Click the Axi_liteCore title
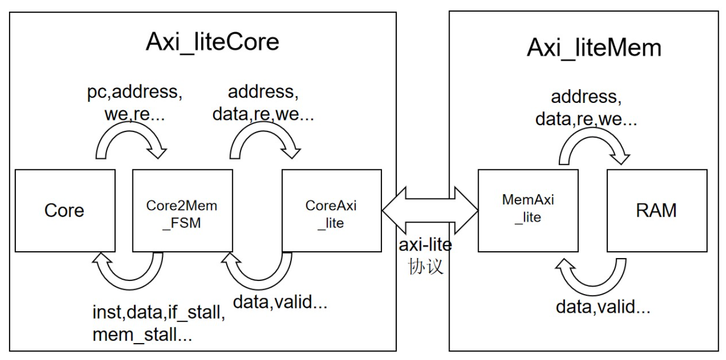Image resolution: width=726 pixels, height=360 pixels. point(212,42)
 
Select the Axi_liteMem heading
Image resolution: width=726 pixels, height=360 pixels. point(594,48)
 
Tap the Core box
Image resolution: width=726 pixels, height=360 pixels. point(64,211)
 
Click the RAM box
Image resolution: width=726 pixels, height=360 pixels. point(656,211)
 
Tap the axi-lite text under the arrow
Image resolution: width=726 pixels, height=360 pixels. point(425,245)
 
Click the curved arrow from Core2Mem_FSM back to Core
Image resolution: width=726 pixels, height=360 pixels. point(127,269)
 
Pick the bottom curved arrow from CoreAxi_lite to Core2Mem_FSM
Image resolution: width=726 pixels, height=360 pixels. point(259,269)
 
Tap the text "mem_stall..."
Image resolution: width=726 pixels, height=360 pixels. point(142,335)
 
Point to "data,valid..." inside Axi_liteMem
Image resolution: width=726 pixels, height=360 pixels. point(603,307)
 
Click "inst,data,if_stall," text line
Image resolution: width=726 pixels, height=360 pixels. point(159,314)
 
